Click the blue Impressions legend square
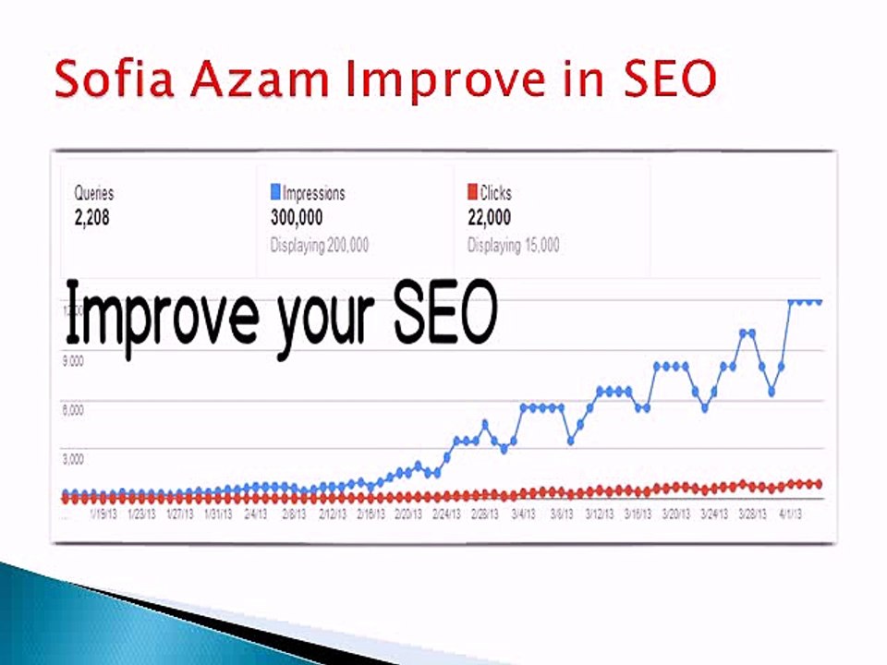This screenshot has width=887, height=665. (275, 192)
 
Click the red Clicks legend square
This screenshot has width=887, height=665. (473, 192)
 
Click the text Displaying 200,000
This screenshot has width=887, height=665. (320, 246)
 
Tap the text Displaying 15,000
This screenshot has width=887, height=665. (514, 246)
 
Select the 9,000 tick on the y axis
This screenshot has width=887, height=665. (72, 361)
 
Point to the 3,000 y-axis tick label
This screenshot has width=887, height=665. (72, 458)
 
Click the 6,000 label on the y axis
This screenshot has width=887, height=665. (72, 410)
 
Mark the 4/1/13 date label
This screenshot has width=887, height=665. (790, 514)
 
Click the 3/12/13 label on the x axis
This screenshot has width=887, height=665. (601, 514)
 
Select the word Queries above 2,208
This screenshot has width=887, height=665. (93, 194)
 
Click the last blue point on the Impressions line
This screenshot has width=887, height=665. (818, 302)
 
